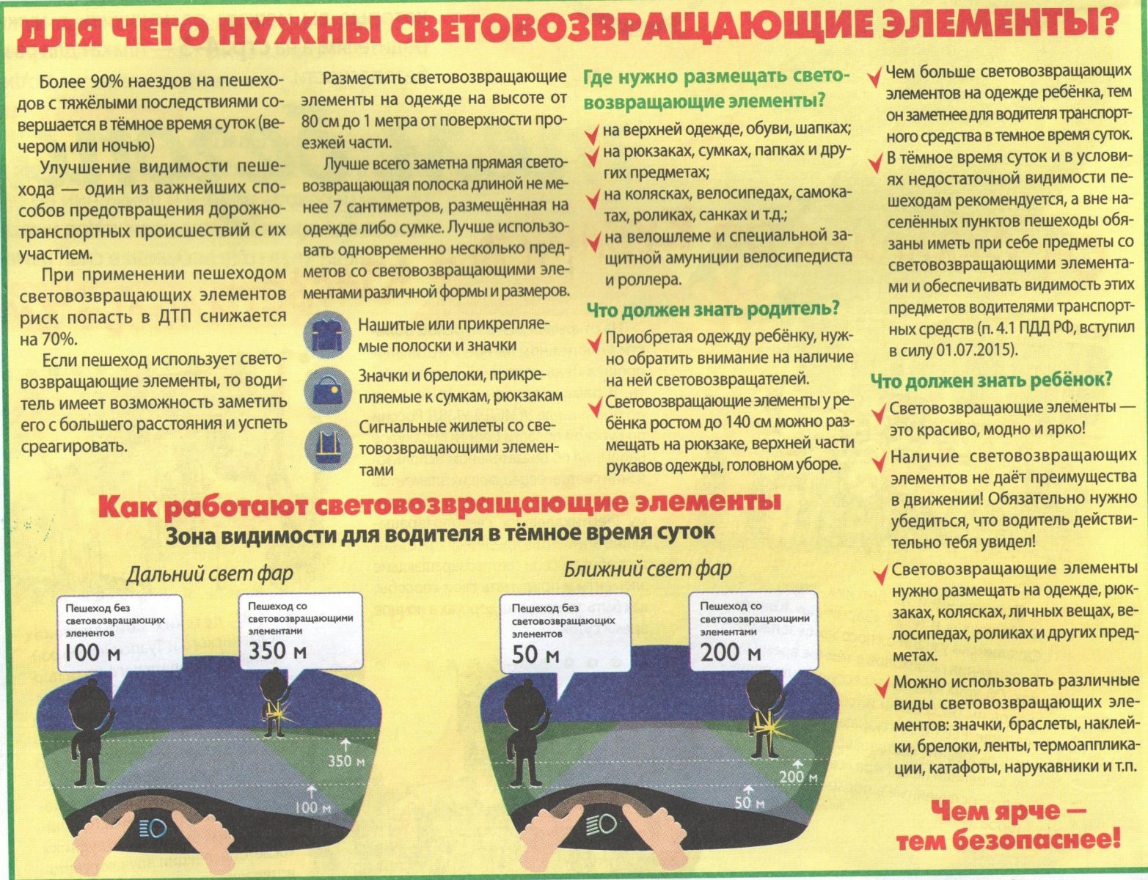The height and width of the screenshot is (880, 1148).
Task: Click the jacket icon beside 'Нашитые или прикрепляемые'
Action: tap(327, 334)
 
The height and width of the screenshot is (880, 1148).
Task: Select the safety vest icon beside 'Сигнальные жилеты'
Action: tap(328, 447)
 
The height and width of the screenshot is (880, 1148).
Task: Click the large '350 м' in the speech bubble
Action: tap(277, 651)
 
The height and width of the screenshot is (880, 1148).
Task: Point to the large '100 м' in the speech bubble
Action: tap(92, 653)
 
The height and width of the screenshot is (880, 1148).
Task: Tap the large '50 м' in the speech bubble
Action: tap(535, 655)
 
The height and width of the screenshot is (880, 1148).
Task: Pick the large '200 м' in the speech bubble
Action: tap(731, 653)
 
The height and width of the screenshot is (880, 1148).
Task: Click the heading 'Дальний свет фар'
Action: tap(209, 573)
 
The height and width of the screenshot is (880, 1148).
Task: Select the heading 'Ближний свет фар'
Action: tap(647, 569)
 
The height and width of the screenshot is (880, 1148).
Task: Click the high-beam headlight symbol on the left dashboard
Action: tap(153, 828)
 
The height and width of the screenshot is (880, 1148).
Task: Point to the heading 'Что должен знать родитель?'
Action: tap(713, 309)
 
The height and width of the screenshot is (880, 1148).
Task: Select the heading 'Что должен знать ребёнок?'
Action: tap(992, 380)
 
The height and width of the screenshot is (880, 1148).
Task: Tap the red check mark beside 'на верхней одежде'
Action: tap(592, 134)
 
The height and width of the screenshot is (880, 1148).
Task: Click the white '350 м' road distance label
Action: tap(346, 761)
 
